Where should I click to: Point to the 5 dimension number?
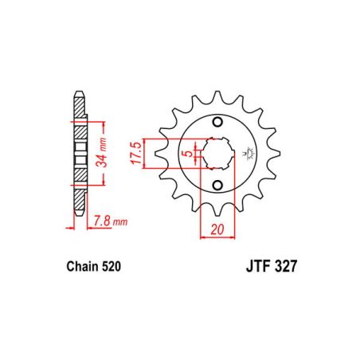[x=185, y=153]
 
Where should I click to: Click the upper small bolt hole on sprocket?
[x=217, y=120]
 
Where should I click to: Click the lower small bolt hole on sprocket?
[x=217, y=186]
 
